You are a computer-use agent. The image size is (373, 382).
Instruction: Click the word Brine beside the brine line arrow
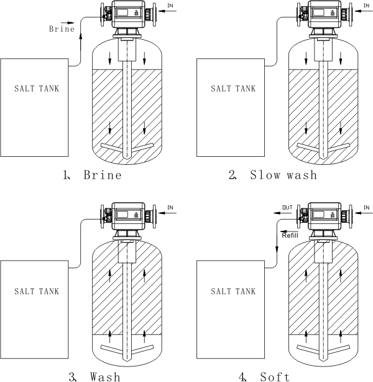click(62, 29)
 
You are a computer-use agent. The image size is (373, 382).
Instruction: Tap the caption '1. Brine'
click(92, 175)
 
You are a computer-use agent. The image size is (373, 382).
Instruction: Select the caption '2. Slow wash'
click(273, 175)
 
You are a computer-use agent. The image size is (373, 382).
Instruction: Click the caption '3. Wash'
click(94, 376)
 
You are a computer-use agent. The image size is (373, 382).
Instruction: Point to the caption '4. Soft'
click(264, 376)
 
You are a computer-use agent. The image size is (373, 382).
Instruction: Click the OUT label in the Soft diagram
click(287, 208)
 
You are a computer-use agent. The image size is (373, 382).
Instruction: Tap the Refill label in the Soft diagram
click(290, 235)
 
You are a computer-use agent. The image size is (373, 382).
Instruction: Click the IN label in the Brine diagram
click(170, 6)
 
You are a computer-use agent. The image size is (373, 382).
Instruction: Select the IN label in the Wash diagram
click(170, 208)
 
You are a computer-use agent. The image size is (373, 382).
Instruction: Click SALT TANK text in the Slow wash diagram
click(233, 88)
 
